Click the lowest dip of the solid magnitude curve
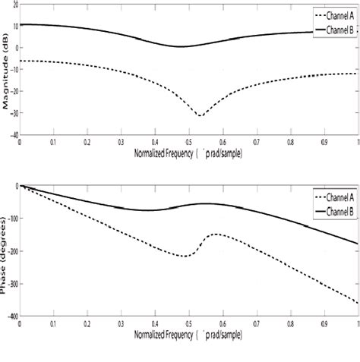181,46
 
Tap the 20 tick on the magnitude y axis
14,4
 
